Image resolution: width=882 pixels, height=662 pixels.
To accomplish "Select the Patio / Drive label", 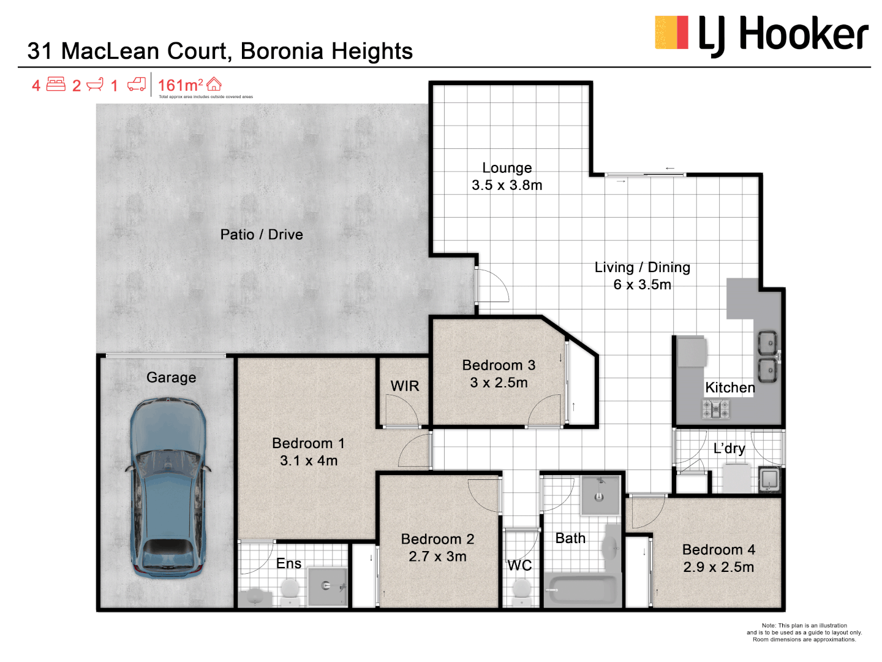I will coord(262,235).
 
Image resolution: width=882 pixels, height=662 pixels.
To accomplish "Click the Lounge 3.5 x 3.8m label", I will coord(507,177).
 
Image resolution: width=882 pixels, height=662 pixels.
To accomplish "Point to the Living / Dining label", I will coord(642,268).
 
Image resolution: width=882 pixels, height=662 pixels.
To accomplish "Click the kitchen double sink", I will coord(767,356).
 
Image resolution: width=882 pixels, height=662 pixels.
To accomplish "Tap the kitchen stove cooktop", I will coord(715,409).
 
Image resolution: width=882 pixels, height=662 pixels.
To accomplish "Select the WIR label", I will coord(405,386).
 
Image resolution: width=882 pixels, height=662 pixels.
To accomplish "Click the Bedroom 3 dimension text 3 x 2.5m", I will coord(499,383).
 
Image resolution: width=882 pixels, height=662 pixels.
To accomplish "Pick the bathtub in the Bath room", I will coord(580,590).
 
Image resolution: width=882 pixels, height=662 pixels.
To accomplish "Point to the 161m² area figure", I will coord(180,85).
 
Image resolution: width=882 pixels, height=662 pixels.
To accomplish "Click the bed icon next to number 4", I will coord(56,85).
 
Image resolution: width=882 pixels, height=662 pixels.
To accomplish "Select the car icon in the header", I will coord(137,85).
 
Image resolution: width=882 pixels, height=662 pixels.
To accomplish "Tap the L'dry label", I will coord(729,449).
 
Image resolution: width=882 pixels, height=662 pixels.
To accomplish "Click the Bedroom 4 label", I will coord(718,550).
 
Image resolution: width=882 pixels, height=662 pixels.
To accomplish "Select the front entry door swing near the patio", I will coord(492,286).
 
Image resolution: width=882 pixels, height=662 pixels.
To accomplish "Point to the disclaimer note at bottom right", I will coord(804,633).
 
